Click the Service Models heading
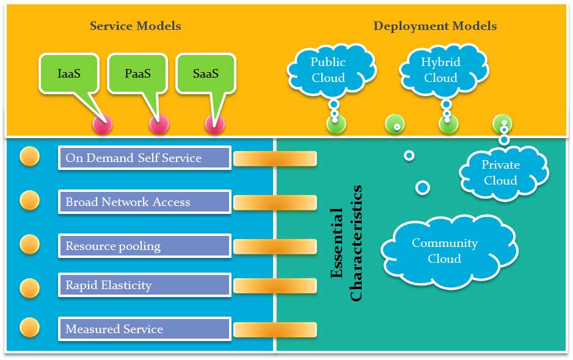tap(135, 26)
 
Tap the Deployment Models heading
tap(435, 26)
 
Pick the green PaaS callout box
tap(137, 74)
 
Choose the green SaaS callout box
tap(205, 74)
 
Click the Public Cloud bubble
tap(328, 70)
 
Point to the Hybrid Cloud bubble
tap(440, 70)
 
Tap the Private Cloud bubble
tap(500, 172)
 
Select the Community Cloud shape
tap(445, 251)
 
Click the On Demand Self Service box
tap(144, 158)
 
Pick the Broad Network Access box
tap(144, 202)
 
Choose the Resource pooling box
tap(144, 246)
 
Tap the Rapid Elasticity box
tap(144, 285)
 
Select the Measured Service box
tap(144, 329)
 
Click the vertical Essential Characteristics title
tap(346, 243)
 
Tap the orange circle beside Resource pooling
tap(29, 244)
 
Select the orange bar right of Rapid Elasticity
tap(275, 285)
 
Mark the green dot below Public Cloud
tap(335, 124)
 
